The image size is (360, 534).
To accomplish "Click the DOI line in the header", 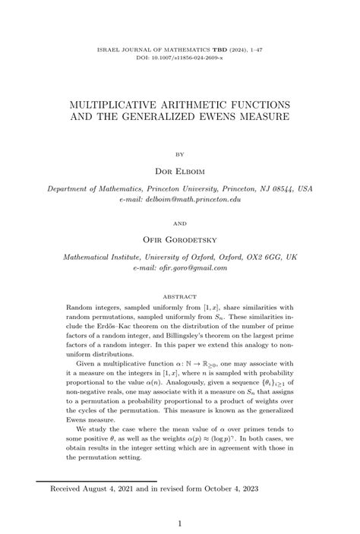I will (x=180, y=57).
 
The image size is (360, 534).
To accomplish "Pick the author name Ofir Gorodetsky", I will (x=180, y=240).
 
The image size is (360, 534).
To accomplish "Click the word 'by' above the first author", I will (x=180, y=152).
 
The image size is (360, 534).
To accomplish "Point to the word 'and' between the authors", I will (x=180, y=223).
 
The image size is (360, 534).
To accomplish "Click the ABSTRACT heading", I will (x=180, y=295).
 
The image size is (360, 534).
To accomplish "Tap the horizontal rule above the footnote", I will (x=96, y=480).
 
